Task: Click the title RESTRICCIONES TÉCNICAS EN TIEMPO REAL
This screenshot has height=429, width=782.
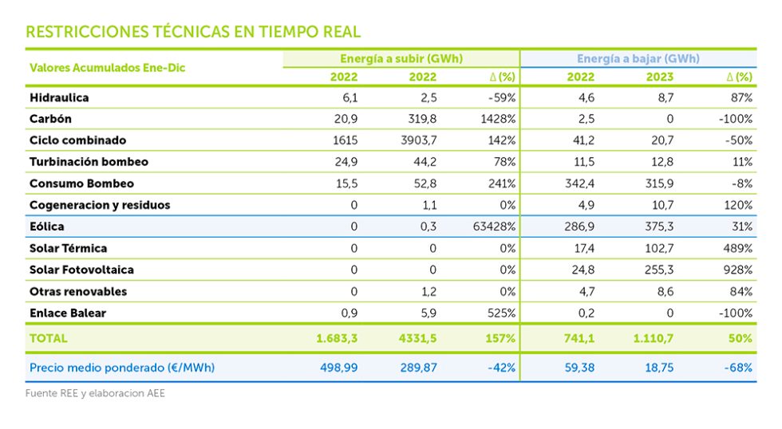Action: tap(193, 32)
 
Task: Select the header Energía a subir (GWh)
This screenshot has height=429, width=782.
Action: tap(401, 59)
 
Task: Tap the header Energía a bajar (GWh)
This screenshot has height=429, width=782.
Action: tap(638, 59)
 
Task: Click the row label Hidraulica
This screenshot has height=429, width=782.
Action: tap(59, 97)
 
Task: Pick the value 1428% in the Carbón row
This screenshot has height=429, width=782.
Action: tap(499, 119)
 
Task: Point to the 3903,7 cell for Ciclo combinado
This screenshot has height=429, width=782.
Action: tap(417, 140)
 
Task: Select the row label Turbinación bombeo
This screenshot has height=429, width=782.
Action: tap(89, 162)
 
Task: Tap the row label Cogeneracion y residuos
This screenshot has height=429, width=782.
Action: tap(100, 205)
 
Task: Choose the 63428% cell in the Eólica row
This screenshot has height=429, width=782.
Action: tap(495, 226)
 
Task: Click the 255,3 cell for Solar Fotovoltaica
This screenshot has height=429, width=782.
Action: tap(658, 270)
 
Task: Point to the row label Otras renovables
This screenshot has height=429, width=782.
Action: tap(78, 291)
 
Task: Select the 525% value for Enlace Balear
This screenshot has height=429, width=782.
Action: tap(501, 313)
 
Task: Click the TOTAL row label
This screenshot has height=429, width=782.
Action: tap(48, 338)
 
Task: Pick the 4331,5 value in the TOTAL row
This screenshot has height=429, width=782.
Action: tap(416, 338)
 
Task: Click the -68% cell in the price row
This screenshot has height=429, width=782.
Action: tap(738, 368)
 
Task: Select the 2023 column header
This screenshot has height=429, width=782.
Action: tap(660, 77)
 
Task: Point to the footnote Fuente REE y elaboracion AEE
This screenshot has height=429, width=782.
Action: tap(95, 393)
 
